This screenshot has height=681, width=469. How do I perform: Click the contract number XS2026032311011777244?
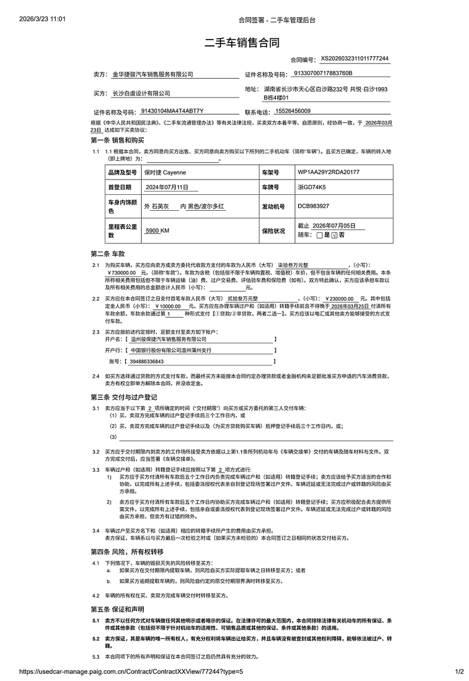355,58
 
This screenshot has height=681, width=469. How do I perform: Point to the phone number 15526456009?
292,111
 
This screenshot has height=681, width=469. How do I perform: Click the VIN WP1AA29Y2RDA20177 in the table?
328,172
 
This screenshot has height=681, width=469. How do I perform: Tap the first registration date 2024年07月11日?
164,186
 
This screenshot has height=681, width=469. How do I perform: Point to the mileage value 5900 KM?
157,231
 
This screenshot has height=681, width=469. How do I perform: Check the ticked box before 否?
334,235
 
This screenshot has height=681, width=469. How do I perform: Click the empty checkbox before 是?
320,235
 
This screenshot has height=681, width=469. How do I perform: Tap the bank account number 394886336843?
147,361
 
